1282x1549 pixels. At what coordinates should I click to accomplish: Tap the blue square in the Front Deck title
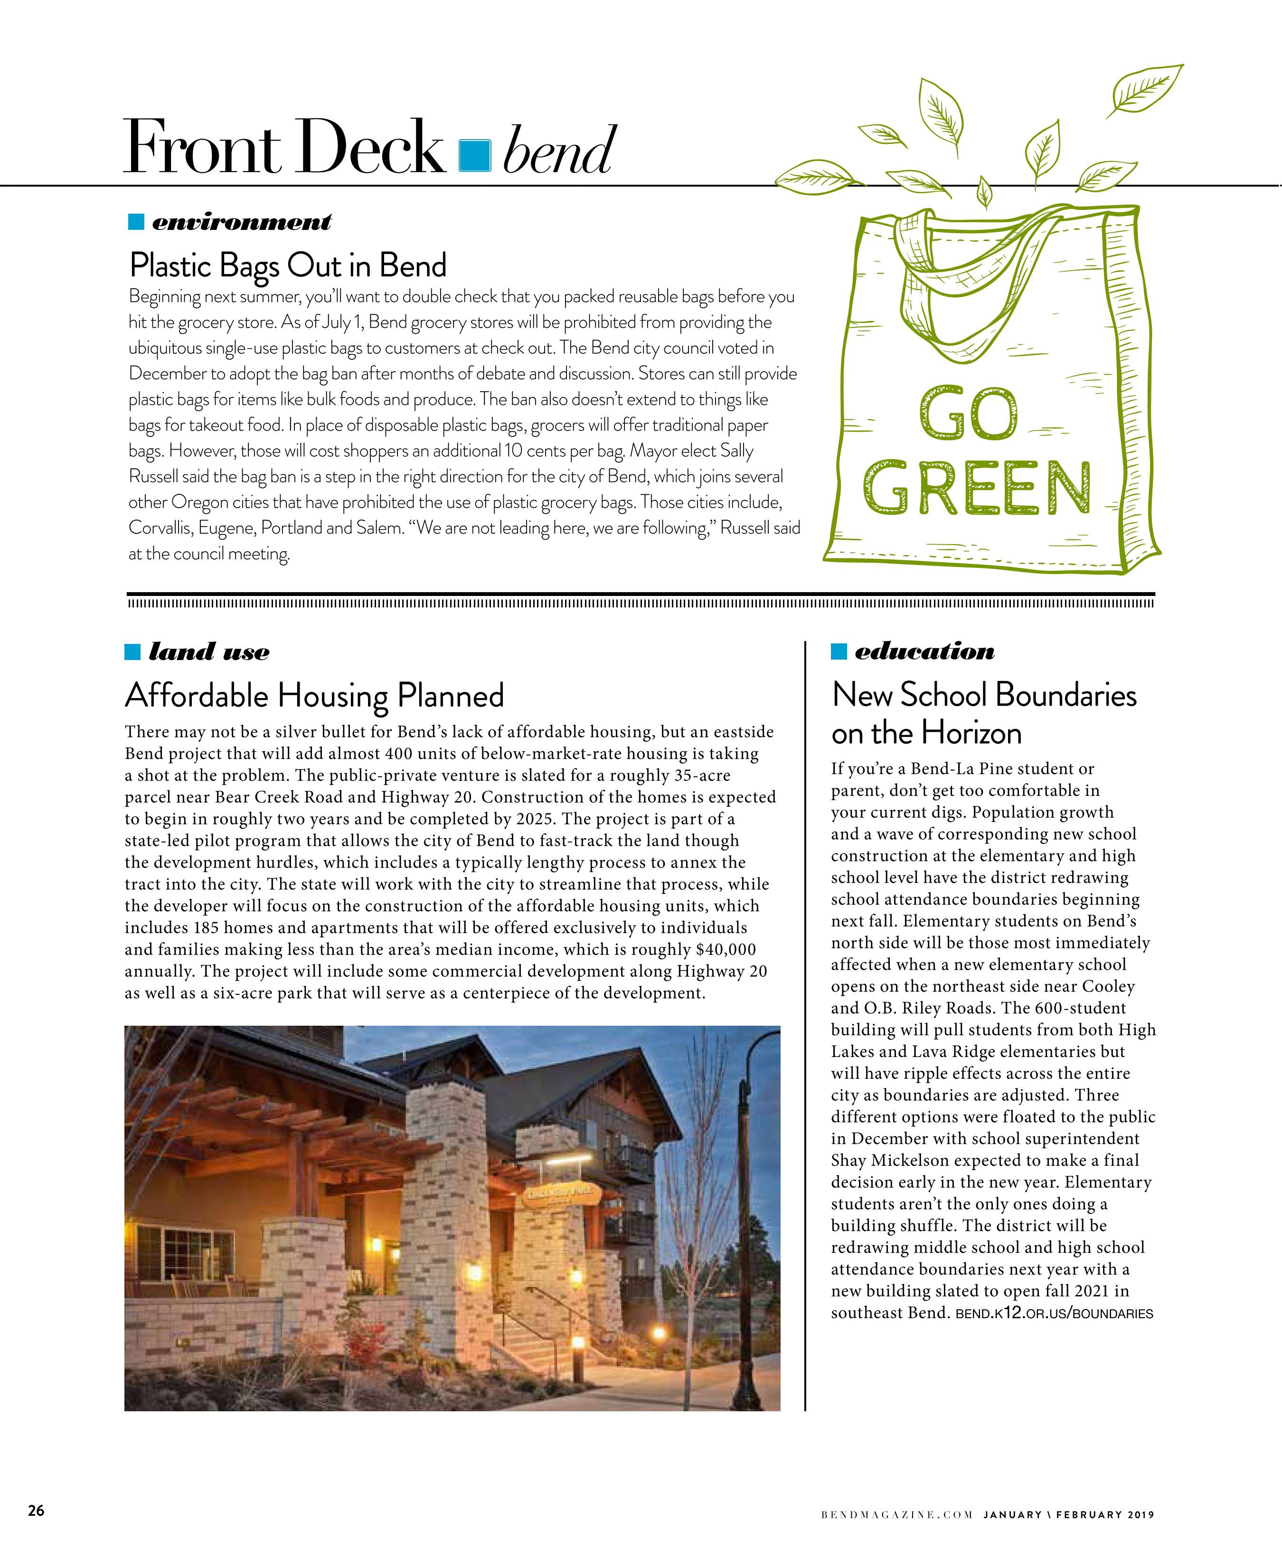tap(474, 155)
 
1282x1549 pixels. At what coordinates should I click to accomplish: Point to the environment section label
tap(241, 221)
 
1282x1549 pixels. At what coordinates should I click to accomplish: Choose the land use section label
tap(209, 652)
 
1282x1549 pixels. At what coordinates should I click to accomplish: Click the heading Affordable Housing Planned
tap(314, 695)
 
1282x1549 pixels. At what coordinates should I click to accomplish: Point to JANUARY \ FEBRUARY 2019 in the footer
tap(1068, 1515)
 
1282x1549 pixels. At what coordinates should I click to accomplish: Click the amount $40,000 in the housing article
tap(726, 949)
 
